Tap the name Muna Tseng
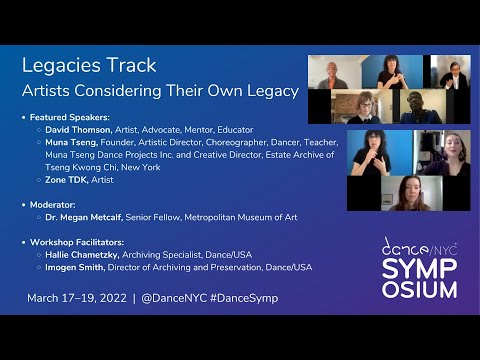70,142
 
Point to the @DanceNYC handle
175,298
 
